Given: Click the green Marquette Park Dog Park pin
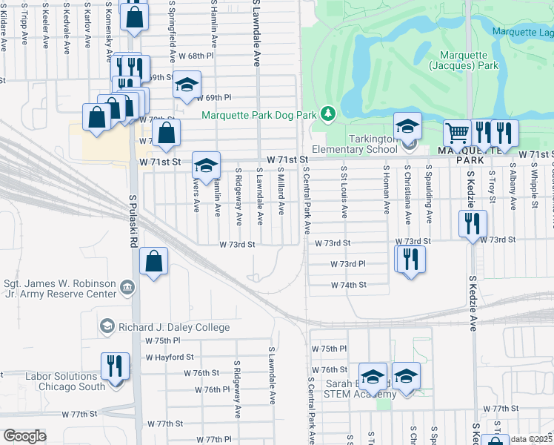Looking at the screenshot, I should (x=327, y=114).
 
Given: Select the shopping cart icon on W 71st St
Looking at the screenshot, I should (x=457, y=133).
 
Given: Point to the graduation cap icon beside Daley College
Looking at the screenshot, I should (x=107, y=327).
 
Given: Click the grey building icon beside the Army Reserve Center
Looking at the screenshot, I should (x=127, y=287).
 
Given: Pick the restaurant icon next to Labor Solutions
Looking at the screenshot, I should (x=115, y=366).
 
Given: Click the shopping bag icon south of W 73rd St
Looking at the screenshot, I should (x=153, y=260).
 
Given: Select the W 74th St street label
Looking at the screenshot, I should (x=349, y=285).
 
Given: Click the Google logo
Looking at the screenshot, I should (x=24, y=436).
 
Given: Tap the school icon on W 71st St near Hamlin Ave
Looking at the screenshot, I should (x=206, y=165).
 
